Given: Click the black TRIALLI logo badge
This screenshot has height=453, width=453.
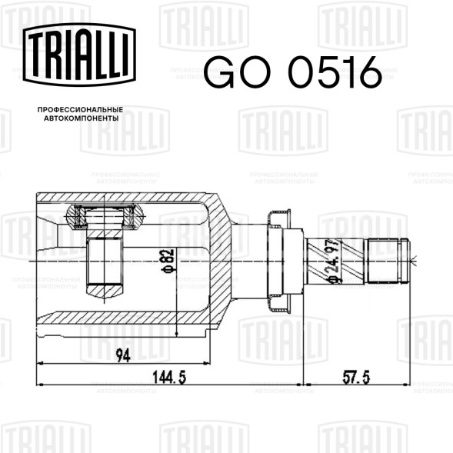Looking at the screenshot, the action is tap(79, 55).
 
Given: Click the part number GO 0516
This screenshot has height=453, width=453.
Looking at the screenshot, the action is tap(292, 72).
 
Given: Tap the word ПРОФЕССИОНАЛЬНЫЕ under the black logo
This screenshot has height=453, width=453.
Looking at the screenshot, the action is tap(80, 110).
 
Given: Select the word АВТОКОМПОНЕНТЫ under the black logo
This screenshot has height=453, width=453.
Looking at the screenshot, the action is tap(82, 118).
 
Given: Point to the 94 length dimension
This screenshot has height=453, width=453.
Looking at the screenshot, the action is tap(123, 355).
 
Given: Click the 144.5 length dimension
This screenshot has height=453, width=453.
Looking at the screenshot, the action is tap(169, 378).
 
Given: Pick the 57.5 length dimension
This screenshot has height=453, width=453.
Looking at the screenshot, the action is tap(356, 378).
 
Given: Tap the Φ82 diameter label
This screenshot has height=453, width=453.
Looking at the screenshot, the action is tap(169, 260).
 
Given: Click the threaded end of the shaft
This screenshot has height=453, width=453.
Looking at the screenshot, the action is tap(388, 260).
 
